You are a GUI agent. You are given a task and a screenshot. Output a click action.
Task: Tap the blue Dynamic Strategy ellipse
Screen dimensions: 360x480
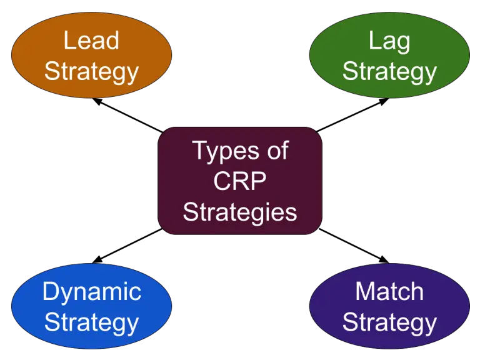click(x=91, y=306)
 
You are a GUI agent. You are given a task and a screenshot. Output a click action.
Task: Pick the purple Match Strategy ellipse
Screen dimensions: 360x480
click(x=389, y=306)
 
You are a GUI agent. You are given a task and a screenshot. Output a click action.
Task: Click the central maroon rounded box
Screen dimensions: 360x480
click(x=240, y=181)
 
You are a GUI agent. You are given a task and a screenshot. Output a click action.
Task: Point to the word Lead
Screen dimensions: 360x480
click(x=91, y=41)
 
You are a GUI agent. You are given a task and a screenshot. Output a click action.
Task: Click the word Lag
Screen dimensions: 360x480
click(x=389, y=42)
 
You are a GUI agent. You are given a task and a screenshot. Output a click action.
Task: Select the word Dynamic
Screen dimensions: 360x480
click(x=91, y=292)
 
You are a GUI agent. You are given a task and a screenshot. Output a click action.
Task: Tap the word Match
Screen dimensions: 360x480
click(x=389, y=291)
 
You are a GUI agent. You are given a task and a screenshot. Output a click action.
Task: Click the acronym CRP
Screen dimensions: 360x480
click(x=240, y=181)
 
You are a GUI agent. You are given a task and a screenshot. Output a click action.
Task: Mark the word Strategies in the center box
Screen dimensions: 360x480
click(x=240, y=212)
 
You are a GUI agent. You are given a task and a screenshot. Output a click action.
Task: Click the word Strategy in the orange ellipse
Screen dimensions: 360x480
click(x=91, y=72)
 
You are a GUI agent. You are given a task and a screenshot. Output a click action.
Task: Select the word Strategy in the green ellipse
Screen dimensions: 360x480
click(x=389, y=72)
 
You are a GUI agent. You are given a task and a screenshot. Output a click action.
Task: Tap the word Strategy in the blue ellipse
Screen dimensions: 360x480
click(x=91, y=323)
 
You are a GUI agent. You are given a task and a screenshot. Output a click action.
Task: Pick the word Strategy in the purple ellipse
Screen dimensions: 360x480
click(x=389, y=323)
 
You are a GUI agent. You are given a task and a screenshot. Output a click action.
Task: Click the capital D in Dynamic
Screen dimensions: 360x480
click(x=50, y=291)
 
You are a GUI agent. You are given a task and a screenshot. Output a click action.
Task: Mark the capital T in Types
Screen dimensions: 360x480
click(x=199, y=151)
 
